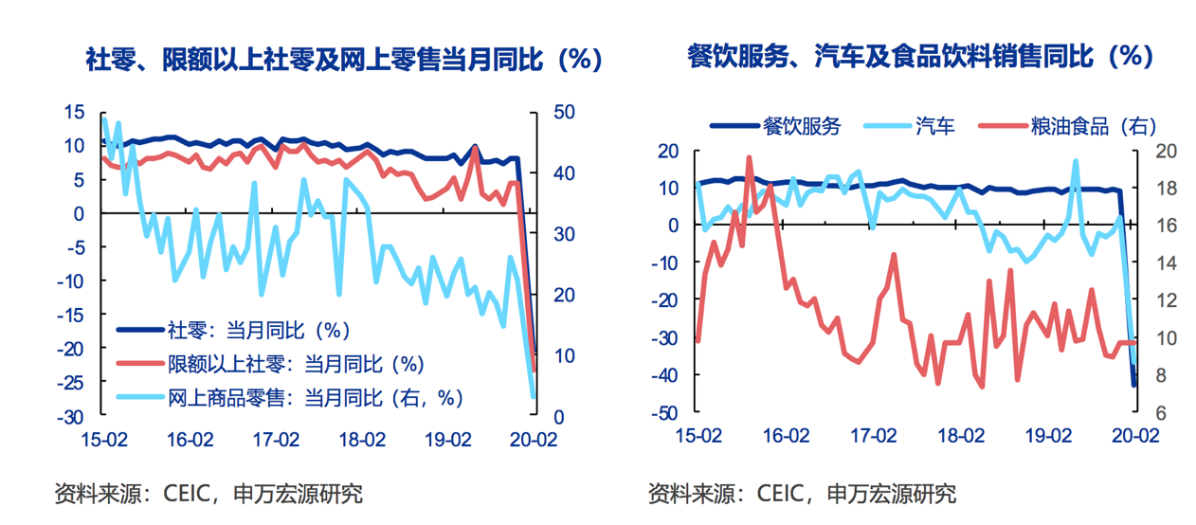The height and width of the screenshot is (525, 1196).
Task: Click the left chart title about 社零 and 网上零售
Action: (x=344, y=60)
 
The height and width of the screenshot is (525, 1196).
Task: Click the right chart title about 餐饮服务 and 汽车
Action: (x=920, y=57)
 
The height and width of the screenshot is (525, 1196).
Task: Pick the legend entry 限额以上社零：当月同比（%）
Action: (x=295, y=364)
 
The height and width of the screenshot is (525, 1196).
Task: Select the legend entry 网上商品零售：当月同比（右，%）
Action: (x=317, y=397)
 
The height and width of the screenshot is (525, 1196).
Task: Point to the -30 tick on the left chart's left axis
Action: (x=74, y=417)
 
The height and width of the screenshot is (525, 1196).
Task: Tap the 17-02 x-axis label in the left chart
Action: (x=276, y=440)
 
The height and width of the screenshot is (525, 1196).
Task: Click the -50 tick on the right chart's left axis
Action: (x=668, y=413)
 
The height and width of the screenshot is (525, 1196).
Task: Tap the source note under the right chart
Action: (x=802, y=494)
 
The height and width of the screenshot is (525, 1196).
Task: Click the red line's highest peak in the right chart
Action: (x=749, y=158)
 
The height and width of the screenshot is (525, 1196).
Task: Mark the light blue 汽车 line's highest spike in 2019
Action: (x=1076, y=162)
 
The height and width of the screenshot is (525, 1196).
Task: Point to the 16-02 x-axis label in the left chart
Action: (x=190, y=440)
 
